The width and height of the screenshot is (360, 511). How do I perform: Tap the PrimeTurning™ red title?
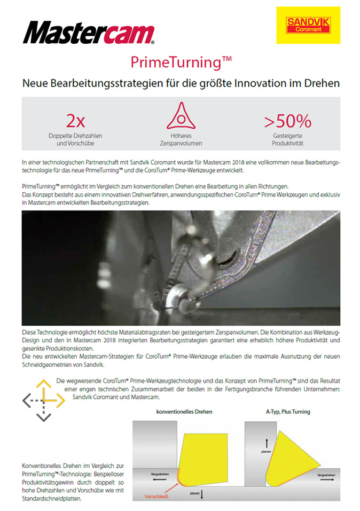181,62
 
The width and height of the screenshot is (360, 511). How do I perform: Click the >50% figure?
287,121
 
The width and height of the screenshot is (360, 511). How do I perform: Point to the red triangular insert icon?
179,116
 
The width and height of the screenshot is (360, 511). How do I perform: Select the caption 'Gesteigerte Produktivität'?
287,140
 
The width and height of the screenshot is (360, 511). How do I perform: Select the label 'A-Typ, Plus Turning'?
288,412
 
